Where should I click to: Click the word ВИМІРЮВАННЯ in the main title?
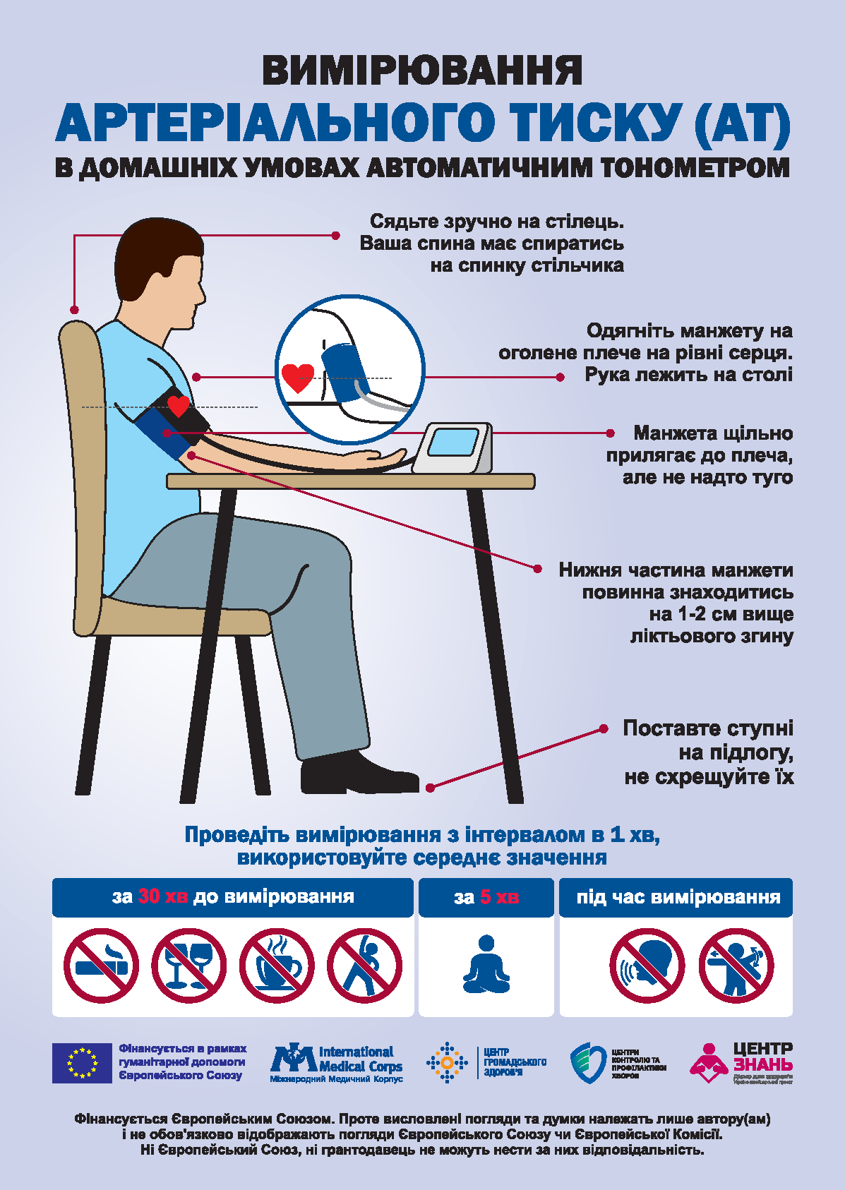coord(422,71)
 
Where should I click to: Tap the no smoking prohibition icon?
coord(101,966)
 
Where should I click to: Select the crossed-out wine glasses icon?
coord(188,966)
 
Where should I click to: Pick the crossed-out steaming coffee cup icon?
coord(276,966)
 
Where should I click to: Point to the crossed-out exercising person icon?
coord(364,966)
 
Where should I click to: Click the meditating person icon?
coord(486,965)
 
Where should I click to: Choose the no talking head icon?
coord(647,966)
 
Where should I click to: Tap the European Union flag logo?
coord(82,1063)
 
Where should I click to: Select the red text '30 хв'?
coord(162,896)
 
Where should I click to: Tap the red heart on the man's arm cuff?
coord(179,406)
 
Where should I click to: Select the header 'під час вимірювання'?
coord(678,897)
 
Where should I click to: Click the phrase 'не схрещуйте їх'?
coord(709,777)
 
